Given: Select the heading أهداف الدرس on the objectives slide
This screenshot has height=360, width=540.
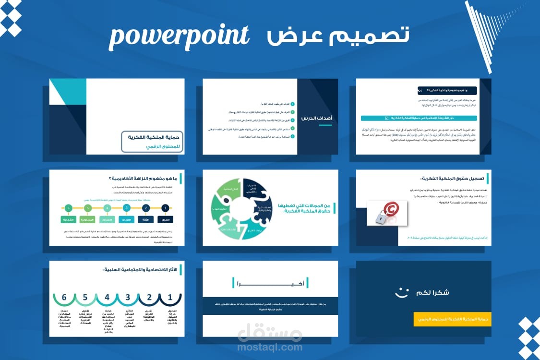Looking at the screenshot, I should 316,118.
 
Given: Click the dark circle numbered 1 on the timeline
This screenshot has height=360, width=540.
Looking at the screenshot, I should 165,208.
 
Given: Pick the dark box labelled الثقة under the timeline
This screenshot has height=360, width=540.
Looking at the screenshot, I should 146,219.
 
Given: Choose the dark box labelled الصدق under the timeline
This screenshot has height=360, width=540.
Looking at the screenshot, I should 165,219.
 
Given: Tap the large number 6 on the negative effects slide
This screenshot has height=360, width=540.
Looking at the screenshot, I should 64,298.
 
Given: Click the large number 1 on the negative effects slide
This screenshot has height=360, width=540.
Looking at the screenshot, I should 169,298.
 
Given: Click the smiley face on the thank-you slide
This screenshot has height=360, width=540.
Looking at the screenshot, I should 401,292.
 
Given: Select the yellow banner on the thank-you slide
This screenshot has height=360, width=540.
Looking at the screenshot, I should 452,319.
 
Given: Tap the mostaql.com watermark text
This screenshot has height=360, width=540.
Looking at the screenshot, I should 270,347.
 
